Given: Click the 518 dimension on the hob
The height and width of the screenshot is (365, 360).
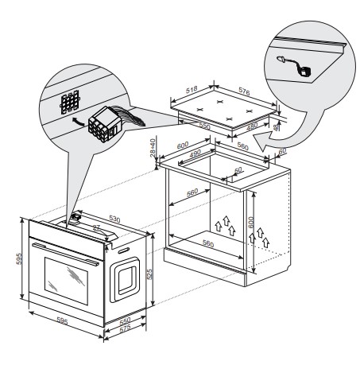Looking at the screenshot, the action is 192,89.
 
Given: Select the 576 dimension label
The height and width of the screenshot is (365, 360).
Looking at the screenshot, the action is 244,91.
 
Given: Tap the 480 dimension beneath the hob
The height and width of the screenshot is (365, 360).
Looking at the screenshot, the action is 252,126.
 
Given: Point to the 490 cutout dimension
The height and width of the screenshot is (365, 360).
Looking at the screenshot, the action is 195,153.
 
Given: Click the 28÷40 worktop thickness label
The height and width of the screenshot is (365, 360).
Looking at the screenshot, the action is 153,148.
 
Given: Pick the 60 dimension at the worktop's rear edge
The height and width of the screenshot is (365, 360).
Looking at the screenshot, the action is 283,151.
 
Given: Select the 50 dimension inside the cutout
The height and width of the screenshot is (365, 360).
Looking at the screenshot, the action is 238,169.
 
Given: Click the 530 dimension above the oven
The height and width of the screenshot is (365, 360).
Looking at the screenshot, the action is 114,219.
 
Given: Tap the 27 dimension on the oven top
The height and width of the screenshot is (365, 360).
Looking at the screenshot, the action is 96,227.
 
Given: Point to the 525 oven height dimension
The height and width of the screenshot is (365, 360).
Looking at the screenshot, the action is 149,274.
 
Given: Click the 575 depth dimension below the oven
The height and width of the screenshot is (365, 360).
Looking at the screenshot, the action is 125,328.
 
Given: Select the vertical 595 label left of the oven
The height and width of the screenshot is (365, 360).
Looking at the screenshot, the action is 19,258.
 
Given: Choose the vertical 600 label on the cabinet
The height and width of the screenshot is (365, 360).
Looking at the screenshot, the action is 251,222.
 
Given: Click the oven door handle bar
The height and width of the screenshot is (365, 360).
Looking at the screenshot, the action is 65,254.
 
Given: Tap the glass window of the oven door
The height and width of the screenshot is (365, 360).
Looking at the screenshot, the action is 66,281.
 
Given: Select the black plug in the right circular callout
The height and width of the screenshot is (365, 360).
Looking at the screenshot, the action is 304,72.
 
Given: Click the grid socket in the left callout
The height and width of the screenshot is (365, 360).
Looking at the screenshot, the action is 69,103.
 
